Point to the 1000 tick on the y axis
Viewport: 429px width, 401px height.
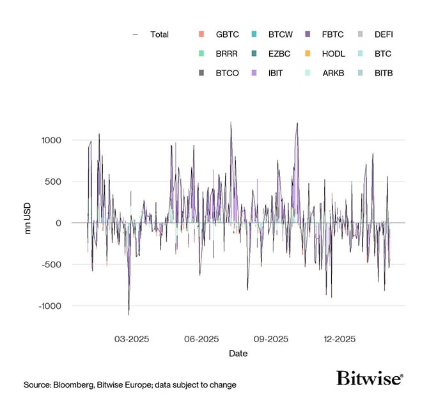pyautogui.click(x=51, y=140)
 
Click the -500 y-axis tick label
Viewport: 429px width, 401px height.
pyautogui.click(x=51, y=265)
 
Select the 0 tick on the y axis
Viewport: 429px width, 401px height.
pyautogui.click(x=58, y=223)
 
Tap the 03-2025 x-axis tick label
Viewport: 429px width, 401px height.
pyautogui.click(x=132, y=339)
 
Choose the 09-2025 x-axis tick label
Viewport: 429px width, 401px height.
pyautogui.click(x=270, y=339)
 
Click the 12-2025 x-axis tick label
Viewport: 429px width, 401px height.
pyautogui.click(x=339, y=339)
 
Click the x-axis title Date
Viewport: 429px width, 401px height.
pyautogui.click(x=238, y=354)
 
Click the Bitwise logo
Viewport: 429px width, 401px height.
pyautogui.click(x=370, y=378)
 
